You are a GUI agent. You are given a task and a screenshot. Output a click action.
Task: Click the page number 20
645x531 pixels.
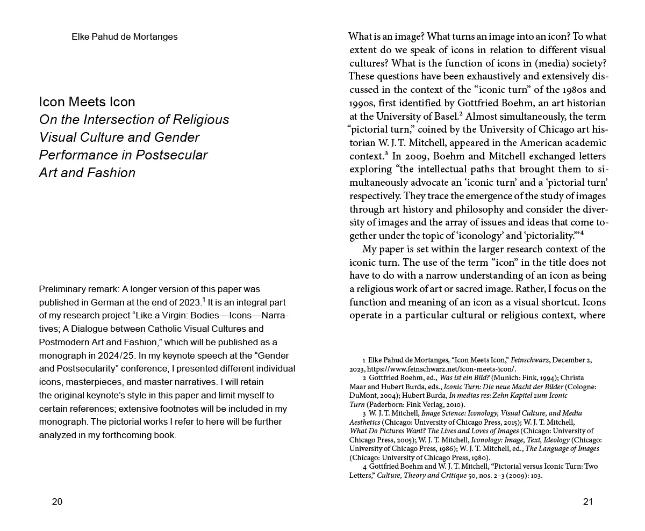pyautogui.click(x=57, y=502)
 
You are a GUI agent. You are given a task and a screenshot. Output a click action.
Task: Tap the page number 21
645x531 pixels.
pyautogui.click(x=587, y=502)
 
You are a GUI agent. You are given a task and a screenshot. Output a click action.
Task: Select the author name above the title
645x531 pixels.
pyautogui.click(x=124, y=37)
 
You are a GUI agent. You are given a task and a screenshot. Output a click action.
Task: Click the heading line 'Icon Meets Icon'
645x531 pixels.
pyautogui.click(x=87, y=102)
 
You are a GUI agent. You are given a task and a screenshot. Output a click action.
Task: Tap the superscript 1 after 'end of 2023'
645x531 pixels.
pyautogui.click(x=204, y=300)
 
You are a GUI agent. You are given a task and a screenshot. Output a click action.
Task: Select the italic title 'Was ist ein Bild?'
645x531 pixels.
pyautogui.click(x=464, y=378)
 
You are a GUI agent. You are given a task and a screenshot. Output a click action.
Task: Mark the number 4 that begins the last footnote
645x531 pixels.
pyautogui.click(x=364, y=467)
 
